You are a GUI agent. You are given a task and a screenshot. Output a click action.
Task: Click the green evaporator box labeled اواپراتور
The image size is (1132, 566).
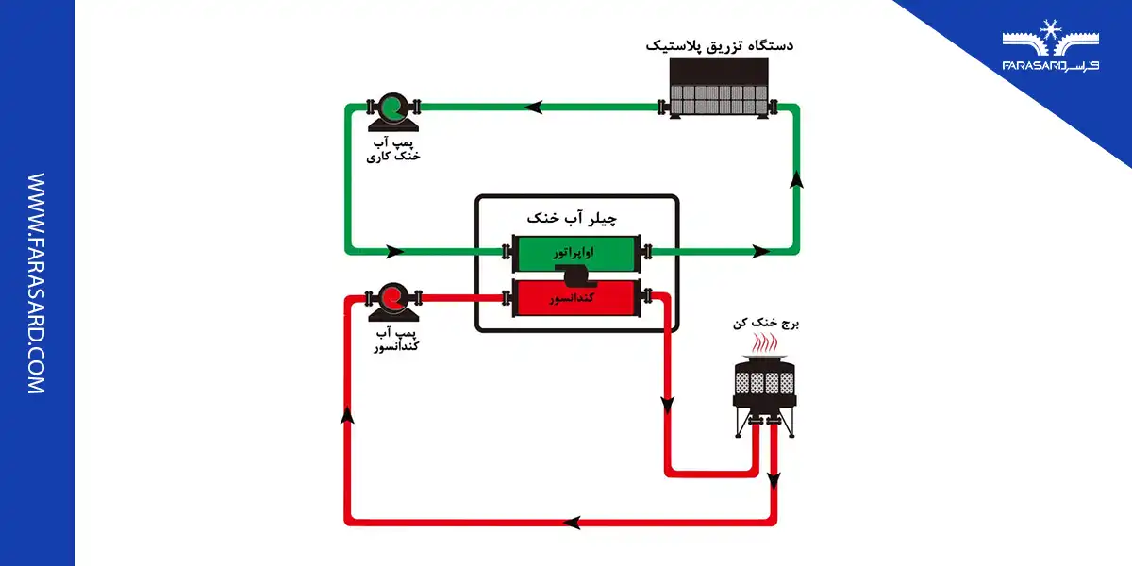[x=576, y=252]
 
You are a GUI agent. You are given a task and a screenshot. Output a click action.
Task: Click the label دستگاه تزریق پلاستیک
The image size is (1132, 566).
[x=720, y=44]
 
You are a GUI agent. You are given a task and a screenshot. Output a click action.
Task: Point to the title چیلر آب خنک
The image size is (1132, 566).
[x=576, y=218]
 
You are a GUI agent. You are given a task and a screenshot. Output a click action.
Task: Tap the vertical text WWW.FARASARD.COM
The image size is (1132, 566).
[x=37, y=283]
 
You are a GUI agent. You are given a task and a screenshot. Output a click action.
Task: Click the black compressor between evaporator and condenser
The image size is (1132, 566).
[x=575, y=275]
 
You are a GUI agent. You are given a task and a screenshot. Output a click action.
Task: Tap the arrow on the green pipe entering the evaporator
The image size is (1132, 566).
[x=393, y=252]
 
